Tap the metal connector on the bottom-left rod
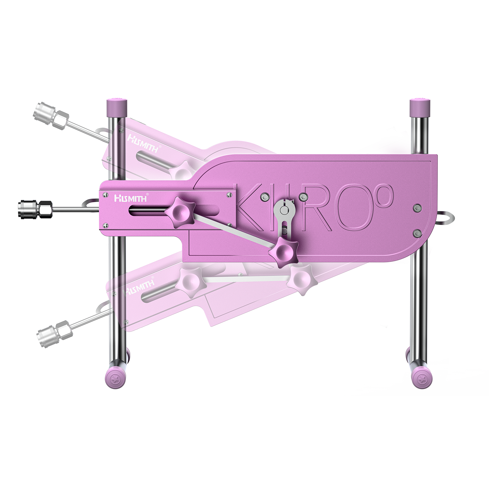(x=54, y=333)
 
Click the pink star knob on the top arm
(x=182, y=170)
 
